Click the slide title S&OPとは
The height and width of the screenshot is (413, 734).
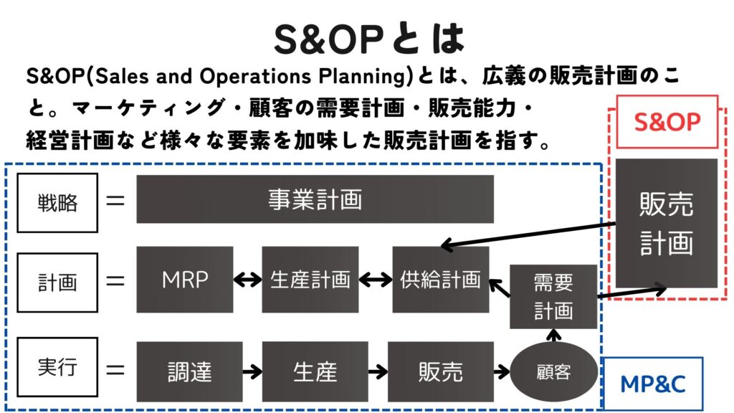[x=368, y=39]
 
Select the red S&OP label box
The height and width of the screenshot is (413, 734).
[x=667, y=122]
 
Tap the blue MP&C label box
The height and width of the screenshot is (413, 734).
[x=652, y=384]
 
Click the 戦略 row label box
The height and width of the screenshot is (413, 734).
[x=57, y=203]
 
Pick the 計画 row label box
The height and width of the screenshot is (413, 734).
[x=57, y=283]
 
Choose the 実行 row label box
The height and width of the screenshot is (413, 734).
[x=57, y=366]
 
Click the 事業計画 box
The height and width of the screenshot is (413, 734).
[x=315, y=199]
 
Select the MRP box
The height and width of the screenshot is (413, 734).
[x=185, y=280]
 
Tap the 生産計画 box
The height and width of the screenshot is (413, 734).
[x=310, y=280]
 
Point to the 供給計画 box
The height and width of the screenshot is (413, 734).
[x=441, y=280]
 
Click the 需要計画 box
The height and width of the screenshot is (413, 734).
[x=553, y=296]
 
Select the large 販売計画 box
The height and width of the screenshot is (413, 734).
[x=667, y=224]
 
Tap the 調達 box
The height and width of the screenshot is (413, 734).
[x=189, y=372]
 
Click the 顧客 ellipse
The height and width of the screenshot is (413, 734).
[x=554, y=372]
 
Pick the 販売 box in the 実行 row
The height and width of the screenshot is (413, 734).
[x=441, y=372]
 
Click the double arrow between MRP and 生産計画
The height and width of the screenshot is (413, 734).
[x=247, y=280]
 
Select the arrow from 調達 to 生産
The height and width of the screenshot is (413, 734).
[x=252, y=372]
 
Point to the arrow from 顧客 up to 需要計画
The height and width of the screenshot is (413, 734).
[x=554, y=336]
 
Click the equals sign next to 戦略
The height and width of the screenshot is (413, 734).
[x=115, y=201]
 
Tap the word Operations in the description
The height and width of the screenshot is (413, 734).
[x=255, y=76]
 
